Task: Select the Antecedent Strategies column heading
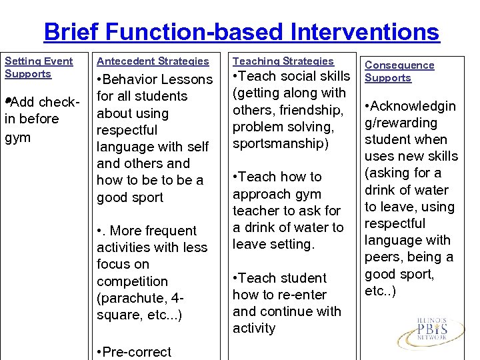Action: point(153,61)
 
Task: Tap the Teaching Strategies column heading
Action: point(283,61)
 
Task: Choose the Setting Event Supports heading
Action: point(39,67)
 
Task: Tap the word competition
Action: point(132,281)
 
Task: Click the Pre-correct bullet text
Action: point(134,352)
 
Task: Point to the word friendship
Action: point(310,110)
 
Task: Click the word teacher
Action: point(256,211)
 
